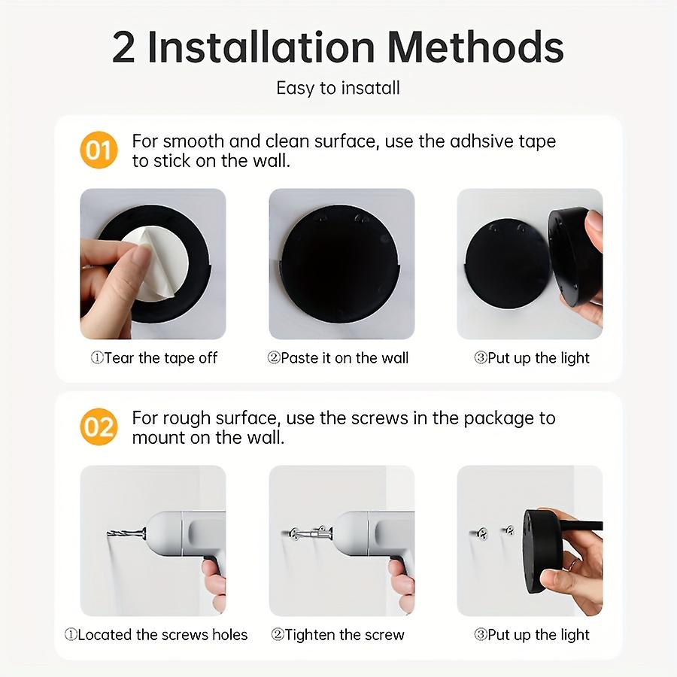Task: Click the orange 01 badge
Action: (x=99, y=150)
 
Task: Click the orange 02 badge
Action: (x=99, y=427)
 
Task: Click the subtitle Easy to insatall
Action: (x=338, y=88)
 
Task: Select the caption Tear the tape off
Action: (x=153, y=358)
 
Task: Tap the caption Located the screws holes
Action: (x=156, y=635)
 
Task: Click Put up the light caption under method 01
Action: (x=532, y=358)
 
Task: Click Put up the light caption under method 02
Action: (x=532, y=635)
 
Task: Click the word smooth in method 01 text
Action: (x=191, y=141)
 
